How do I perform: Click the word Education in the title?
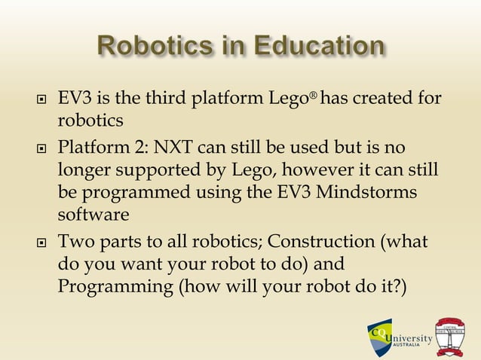pos(320,46)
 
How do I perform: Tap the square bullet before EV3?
pos(40,101)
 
